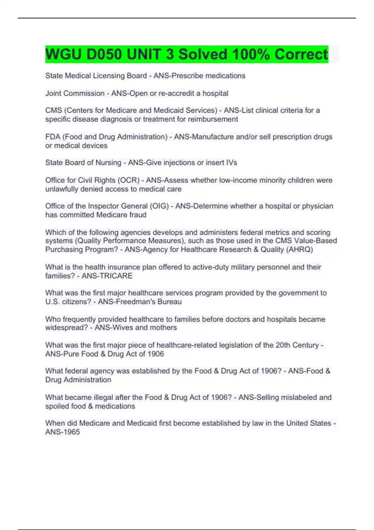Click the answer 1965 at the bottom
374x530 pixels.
coord(71,432)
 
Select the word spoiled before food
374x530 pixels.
coord(57,406)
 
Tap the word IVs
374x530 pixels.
coord(232,163)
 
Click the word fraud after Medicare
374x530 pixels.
coord(138,215)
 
